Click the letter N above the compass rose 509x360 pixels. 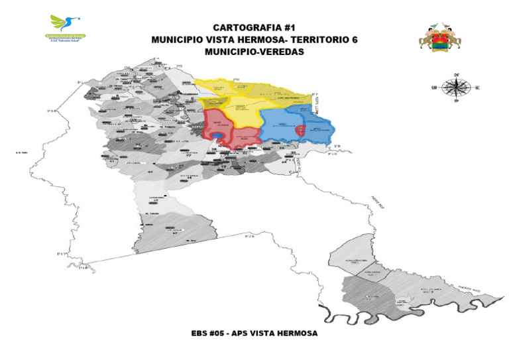click(x=456, y=74)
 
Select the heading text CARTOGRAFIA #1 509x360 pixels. click(x=254, y=27)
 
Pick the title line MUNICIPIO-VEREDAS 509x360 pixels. click(x=254, y=52)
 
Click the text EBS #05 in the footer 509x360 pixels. click(x=207, y=333)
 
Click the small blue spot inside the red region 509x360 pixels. click(x=217, y=136)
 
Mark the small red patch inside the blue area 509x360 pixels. click(x=300, y=131)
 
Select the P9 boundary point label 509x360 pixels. click(x=337, y=146)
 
